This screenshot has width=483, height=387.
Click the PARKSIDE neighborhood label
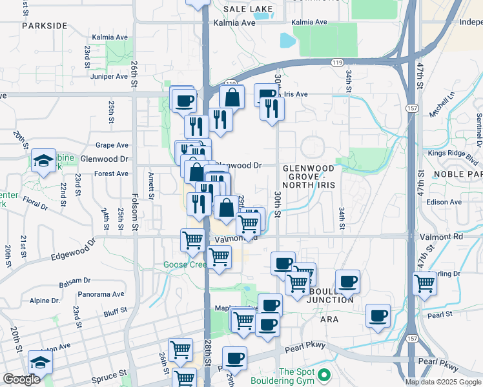pyautogui.click(x=44, y=25)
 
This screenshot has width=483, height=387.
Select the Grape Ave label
pyautogui.click(x=112, y=145)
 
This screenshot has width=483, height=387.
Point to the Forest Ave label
pyautogui.click(x=110, y=174)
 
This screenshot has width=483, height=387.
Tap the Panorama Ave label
pyautogui.click(x=99, y=294)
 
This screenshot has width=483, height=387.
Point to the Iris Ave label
pyautogui.click(x=296, y=94)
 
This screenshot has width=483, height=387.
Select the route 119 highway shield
pyautogui.click(x=336, y=63)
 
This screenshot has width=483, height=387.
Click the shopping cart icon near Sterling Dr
pyautogui.click(x=425, y=282)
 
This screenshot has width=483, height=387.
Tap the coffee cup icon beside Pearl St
pyautogui.click(x=378, y=315)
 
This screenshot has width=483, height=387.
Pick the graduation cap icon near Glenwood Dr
pyautogui.click(x=43, y=161)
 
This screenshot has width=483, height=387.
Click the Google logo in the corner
pyautogui.click(x=21, y=379)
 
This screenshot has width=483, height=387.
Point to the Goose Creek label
pyautogui.click(x=184, y=264)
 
